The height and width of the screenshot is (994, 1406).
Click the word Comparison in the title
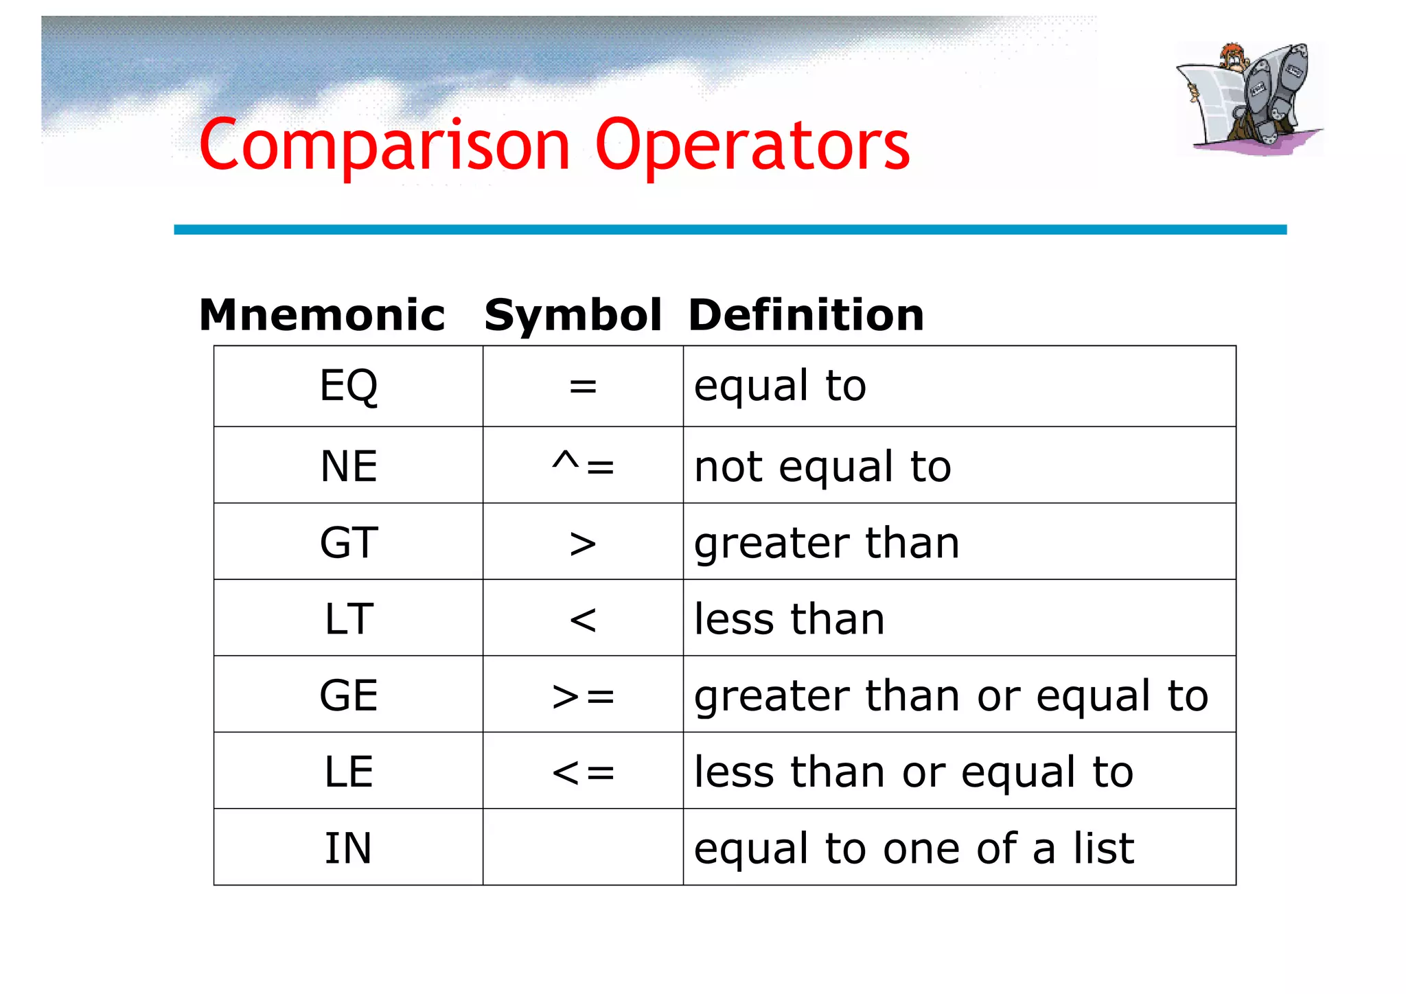[384, 146]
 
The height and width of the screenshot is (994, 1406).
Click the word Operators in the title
[752, 146]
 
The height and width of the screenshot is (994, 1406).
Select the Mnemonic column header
[322, 315]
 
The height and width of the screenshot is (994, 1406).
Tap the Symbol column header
[573, 315]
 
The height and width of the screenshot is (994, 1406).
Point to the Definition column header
[806, 315]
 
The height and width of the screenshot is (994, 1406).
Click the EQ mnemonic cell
[349, 386]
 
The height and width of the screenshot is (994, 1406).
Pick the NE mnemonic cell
[349, 466]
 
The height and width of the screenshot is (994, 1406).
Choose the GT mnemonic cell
[349, 542]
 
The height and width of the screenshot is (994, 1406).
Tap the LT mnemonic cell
[349, 619]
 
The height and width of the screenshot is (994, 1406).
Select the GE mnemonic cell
[349, 695]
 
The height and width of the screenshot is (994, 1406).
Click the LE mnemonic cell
[349, 771]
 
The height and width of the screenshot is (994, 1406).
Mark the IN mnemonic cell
[349, 848]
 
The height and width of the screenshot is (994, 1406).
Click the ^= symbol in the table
[583, 466]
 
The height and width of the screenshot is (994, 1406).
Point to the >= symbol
[583, 696]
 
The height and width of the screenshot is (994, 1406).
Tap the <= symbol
[583, 772]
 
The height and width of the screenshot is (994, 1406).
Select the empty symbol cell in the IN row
[583, 847]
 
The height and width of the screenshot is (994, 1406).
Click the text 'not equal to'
[822, 467]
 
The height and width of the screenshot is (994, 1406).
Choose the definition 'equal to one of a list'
[914, 848]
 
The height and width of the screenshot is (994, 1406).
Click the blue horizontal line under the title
[730, 230]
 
